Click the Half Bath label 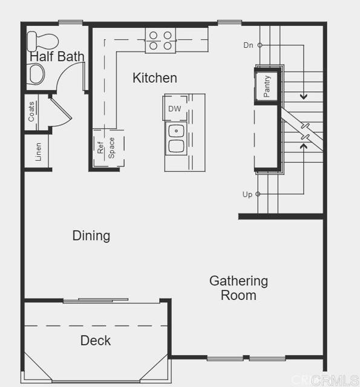(x=57, y=57)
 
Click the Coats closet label (x=31, y=111)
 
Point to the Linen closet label (x=38, y=152)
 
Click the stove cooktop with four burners (x=160, y=41)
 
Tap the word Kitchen (x=155, y=78)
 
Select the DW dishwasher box (x=175, y=109)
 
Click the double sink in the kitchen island (x=176, y=138)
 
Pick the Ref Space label (x=106, y=148)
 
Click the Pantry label (x=267, y=86)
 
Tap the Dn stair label (x=249, y=45)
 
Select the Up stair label (x=247, y=194)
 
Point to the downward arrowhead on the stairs (x=303, y=96)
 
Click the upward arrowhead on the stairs (x=303, y=145)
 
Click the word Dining (x=91, y=235)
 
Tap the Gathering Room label (x=238, y=288)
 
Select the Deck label (x=96, y=340)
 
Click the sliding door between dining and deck (x=96, y=300)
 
